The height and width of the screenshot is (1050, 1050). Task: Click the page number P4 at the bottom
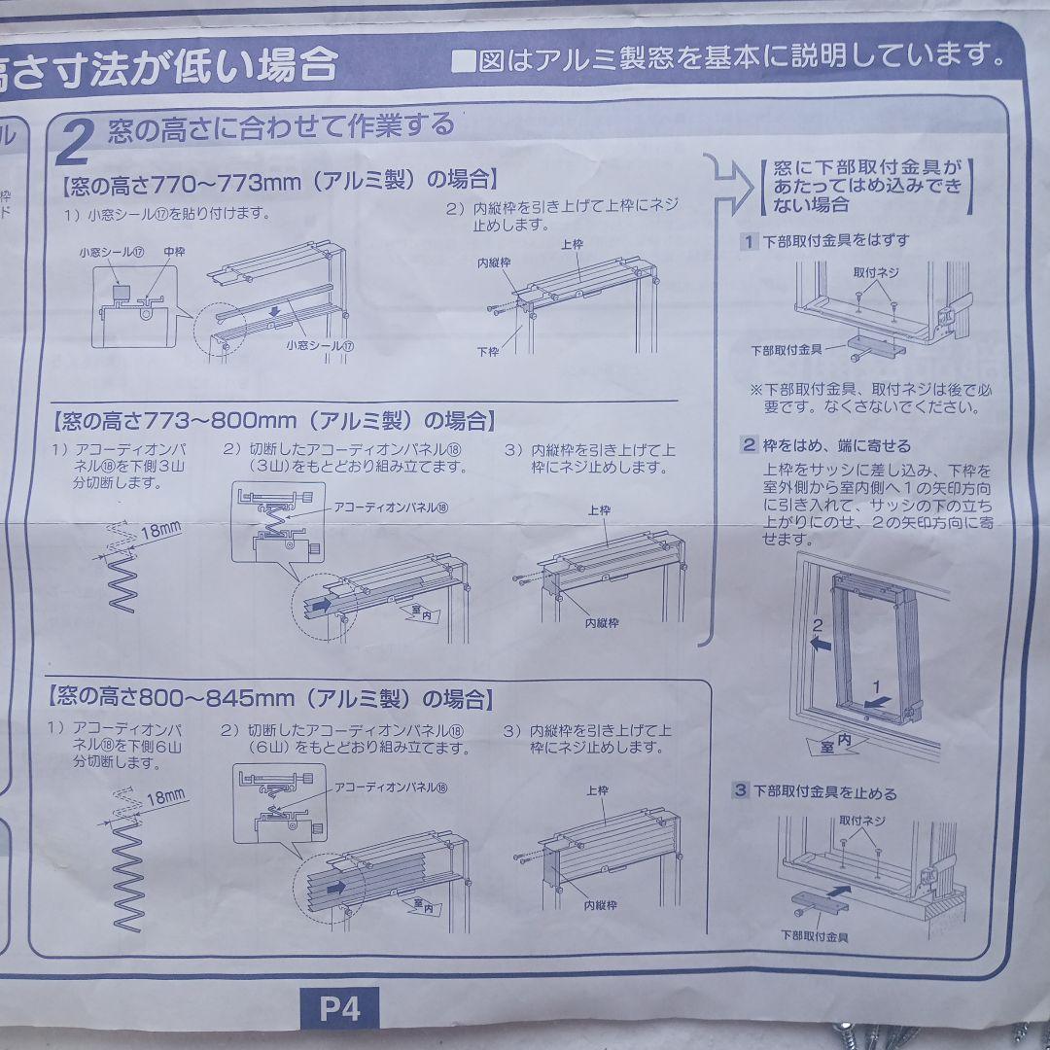339,1008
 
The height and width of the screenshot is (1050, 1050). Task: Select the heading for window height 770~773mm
280,180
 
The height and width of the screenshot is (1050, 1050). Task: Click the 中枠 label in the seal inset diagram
175,252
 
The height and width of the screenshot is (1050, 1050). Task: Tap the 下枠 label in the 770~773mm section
488,351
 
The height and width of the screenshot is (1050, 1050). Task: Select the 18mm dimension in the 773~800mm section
160,530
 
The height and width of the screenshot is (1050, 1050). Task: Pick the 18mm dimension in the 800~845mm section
165,798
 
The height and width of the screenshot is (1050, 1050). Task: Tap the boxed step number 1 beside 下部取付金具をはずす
749,240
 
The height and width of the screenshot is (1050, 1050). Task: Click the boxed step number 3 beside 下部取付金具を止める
741,791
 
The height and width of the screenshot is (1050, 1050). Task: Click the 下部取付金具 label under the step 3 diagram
814,936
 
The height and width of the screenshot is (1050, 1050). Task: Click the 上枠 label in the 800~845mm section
597,790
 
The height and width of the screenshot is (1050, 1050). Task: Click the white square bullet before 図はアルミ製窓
464,60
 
